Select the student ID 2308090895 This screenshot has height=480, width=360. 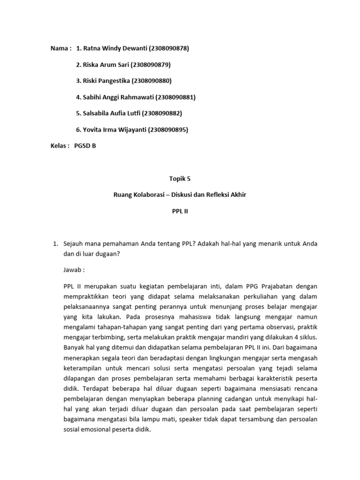168,130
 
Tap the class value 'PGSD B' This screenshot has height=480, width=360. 85,146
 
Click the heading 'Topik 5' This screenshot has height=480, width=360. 180,179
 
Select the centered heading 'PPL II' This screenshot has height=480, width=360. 180,211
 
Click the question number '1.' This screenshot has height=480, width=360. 54,243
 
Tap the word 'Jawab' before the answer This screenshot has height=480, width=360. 73,270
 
